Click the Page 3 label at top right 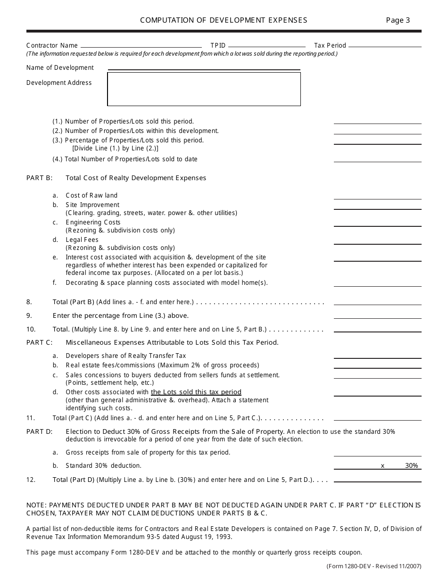click(398, 20)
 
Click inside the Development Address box click(204, 89)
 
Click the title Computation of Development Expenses click(224, 20)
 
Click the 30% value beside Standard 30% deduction click(411, 466)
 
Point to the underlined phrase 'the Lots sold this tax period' click(196, 392)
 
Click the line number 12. click(30, 480)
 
